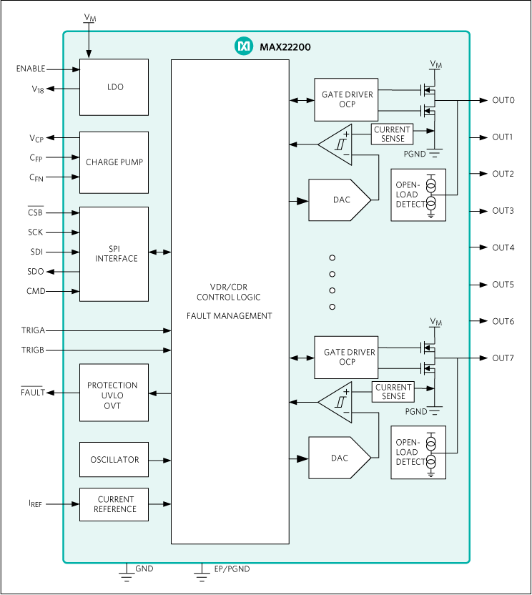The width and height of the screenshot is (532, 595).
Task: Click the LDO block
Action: pos(114,87)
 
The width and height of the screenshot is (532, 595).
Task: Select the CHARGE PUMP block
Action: pos(114,162)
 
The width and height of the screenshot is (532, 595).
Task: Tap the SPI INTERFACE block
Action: pos(114,254)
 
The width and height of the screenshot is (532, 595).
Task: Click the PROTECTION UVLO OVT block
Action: pos(114,395)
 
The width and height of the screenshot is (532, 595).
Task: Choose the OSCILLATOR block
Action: pos(114,460)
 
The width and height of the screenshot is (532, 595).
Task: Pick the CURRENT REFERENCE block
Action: pos(114,504)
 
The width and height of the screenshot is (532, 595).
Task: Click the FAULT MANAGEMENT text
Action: pos(229,316)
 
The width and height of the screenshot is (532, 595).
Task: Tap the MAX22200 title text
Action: pos(285,47)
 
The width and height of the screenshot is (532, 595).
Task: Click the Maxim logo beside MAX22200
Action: pos(244,46)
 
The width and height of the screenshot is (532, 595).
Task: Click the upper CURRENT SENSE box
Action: pos(392,134)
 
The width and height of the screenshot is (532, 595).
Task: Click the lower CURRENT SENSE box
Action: pos(393,392)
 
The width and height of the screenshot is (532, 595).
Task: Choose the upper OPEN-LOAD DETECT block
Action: pos(418,195)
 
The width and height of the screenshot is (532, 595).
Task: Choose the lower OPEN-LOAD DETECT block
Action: pos(418,453)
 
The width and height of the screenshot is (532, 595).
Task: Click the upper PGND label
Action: pos(415,154)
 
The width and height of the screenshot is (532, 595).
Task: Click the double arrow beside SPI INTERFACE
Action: pos(159,252)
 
